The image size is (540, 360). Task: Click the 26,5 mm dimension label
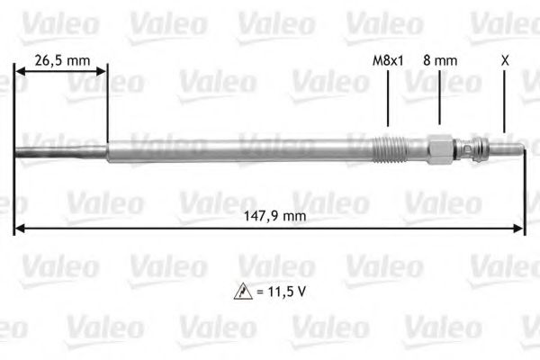[x=62, y=61]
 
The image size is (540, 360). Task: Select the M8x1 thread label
[x=387, y=61]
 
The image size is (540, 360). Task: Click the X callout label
[x=505, y=60]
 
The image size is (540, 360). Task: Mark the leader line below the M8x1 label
[x=387, y=99]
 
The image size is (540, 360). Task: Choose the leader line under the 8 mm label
[x=439, y=99]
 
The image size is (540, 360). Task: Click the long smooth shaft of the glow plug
[x=234, y=148]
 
